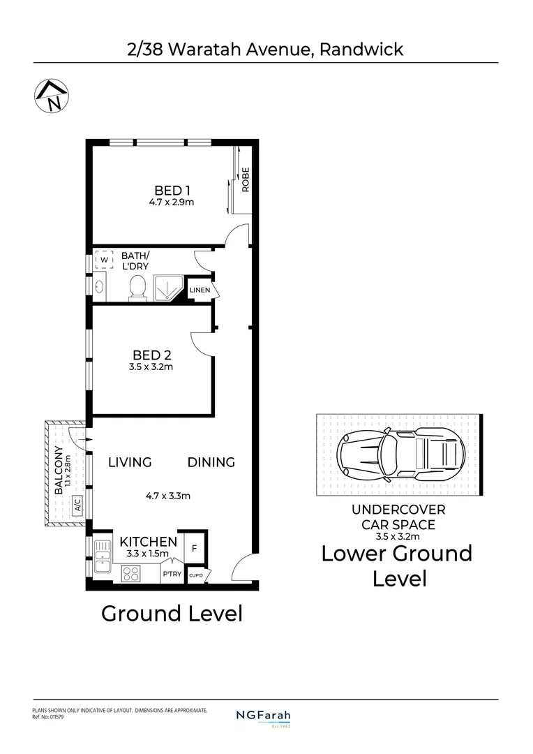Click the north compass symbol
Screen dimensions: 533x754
[x=52, y=95]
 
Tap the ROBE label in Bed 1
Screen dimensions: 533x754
[x=246, y=179]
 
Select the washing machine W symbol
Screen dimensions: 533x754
[x=104, y=260]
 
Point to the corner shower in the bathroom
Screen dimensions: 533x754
[x=168, y=288]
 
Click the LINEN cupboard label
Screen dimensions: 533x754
[x=200, y=290]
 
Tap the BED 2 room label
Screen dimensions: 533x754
[x=152, y=355]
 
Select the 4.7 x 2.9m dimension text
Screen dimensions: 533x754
[x=171, y=202]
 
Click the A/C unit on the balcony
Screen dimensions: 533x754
[x=77, y=505]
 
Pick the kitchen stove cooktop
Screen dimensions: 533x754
[x=130, y=573]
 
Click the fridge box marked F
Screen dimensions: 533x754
[x=195, y=548]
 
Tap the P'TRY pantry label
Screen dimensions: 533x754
[x=172, y=574]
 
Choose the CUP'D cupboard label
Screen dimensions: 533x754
[x=195, y=575]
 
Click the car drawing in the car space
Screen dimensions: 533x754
[x=401, y=454]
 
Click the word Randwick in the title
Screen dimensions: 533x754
[x=361, y=49]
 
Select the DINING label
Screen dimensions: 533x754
[x=211, y=463]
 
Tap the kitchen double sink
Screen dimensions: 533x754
[x=103, y=556]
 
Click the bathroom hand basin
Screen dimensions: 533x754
[x=100, y=288]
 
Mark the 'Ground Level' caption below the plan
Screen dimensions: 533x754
[x=172, y=614]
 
